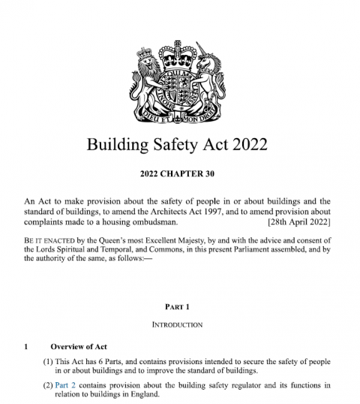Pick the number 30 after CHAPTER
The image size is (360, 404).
coord(213,175)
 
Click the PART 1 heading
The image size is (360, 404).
coord(179,306)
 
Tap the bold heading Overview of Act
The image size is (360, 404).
coord(79,346)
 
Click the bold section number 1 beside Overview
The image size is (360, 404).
coord(26,346)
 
